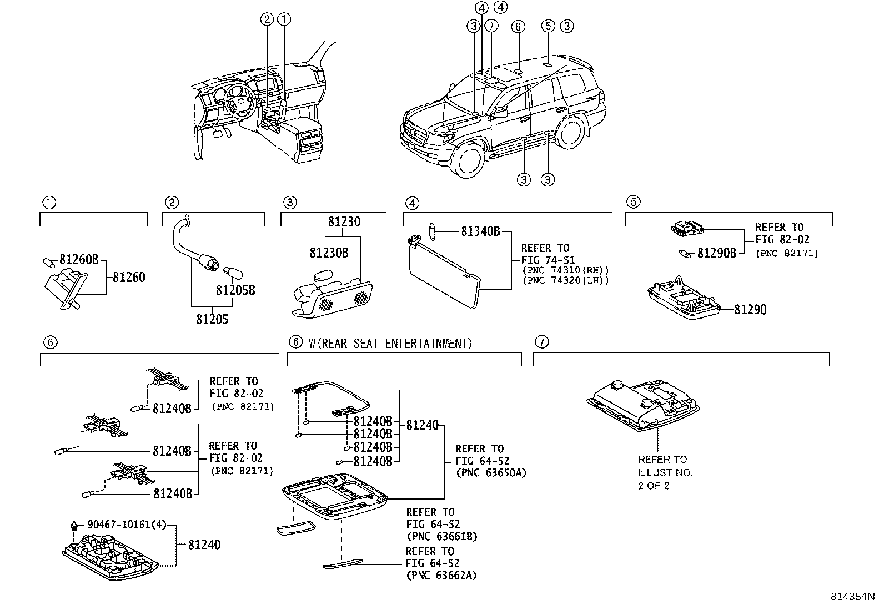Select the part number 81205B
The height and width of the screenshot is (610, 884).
click(x=235, y=290)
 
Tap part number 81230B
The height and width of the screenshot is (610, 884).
click(x=329, y=253)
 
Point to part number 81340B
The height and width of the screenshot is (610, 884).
click(x=480, y=231)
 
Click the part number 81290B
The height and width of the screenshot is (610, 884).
click(x=716, y=253)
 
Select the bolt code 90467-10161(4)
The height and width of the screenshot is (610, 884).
click(x=127, y=525)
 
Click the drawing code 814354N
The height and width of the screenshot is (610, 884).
click(x=852, y=597)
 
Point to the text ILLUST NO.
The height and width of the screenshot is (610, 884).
click(x=665, y=473)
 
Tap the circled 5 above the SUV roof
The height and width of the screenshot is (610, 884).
click(x=548, y=26)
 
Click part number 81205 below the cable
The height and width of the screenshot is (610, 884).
click(x=212, y=319)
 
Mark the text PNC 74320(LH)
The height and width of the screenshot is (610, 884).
click(x=565, y=281)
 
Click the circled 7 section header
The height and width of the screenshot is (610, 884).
click(x=541, y=342)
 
